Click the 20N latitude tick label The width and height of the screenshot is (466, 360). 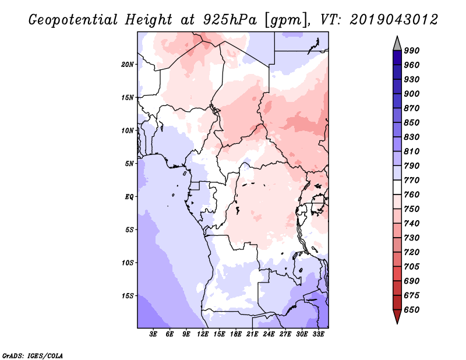(128, 65)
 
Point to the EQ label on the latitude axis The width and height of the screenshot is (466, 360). (129, 197)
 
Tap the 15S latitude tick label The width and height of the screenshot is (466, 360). (128, 296)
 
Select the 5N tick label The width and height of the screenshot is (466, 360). (129, 164)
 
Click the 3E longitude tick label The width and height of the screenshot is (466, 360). (153, 334)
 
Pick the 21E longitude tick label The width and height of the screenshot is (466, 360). (252, 334)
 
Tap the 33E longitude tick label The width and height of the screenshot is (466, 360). (318, 334)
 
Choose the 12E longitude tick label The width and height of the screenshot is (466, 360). (202, 334)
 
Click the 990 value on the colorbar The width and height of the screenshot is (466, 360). (412, 51)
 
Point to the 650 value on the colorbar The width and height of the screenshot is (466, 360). (412, 310)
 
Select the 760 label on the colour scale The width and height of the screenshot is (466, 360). (412, 195)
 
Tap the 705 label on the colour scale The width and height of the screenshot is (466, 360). (412, 266)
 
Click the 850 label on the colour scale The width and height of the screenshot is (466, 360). (412, 122)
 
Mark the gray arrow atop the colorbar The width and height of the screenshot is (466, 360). (397, 43)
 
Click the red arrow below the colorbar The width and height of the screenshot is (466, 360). (397, 316)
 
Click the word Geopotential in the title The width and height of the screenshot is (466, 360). (73, 20)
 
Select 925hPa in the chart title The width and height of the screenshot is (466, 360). (230, 20)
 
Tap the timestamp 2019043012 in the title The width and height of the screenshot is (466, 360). (394, 20)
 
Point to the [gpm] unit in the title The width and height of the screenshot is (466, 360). (285, 20)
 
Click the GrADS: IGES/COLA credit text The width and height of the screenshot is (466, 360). (33, 356)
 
